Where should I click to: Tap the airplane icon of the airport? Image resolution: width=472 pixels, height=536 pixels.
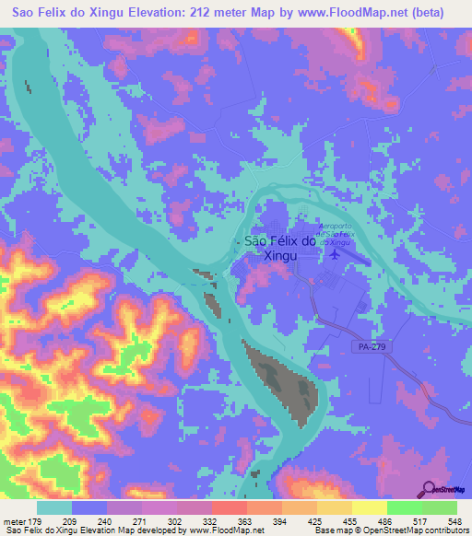point(333,252)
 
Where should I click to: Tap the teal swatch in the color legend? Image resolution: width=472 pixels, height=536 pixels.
point(54,507)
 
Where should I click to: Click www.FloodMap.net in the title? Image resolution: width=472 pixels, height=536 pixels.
point(355,13)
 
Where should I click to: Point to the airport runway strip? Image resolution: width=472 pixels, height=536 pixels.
point(349,257)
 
